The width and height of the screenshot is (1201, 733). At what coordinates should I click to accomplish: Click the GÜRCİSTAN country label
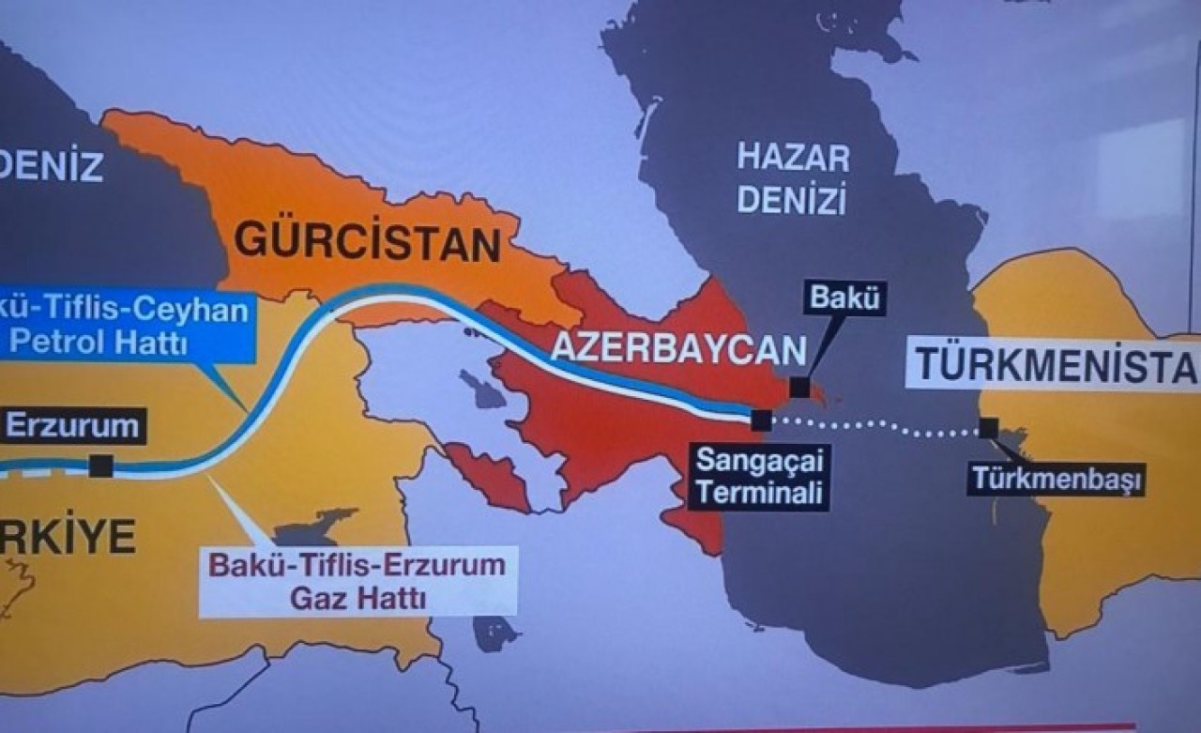click(366, 242)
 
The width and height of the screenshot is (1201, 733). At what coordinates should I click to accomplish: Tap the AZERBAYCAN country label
click(677, 348)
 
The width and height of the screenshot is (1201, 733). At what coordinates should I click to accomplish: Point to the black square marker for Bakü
click(798, 387)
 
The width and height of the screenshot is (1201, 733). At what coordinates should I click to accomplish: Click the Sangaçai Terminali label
click(758, 477)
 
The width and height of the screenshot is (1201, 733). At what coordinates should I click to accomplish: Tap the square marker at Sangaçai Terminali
click(761, 420)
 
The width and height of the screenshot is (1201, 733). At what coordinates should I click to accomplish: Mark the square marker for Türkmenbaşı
click(988, 428)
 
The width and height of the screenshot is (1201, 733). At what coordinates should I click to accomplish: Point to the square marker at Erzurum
click(100, 466)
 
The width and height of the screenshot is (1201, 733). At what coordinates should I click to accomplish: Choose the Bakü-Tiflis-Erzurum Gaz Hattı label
click(357, 581)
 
